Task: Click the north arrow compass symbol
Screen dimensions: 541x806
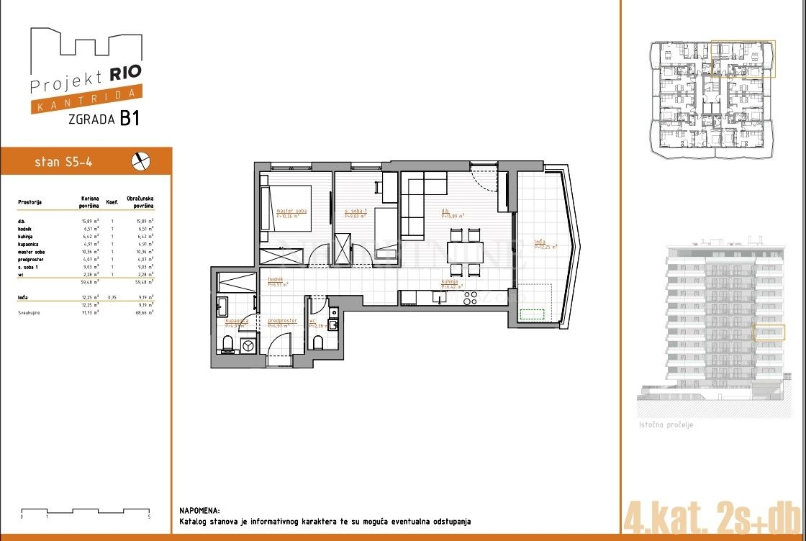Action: (x=141, y=162)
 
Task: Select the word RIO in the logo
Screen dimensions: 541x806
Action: (x=125, y=72)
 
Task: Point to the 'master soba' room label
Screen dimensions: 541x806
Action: (x=291, y=211)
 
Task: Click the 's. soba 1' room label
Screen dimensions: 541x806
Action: (x=356, y=211)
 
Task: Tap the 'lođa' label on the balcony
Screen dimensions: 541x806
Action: (x=539, y=242)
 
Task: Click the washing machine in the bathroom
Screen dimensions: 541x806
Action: (x=249, y=346)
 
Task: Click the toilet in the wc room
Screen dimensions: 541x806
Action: (x=317, y=341)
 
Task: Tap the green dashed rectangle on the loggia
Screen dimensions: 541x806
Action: (x=533, y=314)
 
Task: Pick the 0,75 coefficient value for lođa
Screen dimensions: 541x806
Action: (x=112, y=296)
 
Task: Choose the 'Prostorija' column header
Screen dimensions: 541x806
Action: (x=30, y=202)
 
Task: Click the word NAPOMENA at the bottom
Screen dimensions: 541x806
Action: (x=199, y=509)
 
